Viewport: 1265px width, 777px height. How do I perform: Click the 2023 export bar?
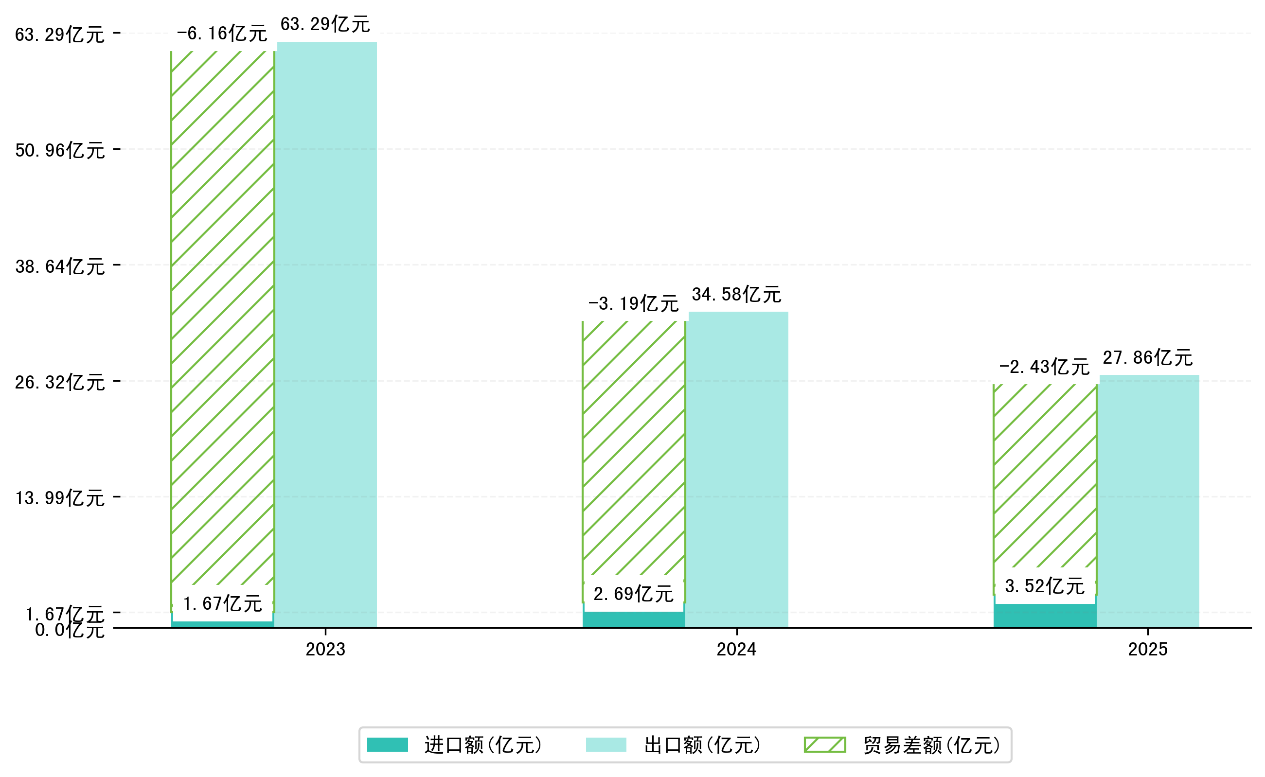(327, 334)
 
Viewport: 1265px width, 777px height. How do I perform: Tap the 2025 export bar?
(1149, 501)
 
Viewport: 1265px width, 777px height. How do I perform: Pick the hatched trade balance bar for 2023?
(223, 318)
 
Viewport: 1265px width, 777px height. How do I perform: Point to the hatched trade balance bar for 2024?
(634, 447)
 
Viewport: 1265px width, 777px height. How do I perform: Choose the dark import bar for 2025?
(1045, 616)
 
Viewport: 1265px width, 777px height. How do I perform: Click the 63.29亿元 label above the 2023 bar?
(325, 25)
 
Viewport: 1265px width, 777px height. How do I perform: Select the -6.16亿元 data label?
(222, 34)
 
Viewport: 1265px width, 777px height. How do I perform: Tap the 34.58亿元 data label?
(736, 295)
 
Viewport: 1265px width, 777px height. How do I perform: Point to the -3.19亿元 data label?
(633, 304)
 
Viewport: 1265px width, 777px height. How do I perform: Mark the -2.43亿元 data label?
(1045, 368)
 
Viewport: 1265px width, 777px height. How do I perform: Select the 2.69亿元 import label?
(633, 595)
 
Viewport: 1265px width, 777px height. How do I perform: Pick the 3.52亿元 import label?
(1045, 586)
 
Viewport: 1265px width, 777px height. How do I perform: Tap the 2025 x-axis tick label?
(1147, 650)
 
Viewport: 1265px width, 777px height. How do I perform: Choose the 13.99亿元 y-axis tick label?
(60, 498)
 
